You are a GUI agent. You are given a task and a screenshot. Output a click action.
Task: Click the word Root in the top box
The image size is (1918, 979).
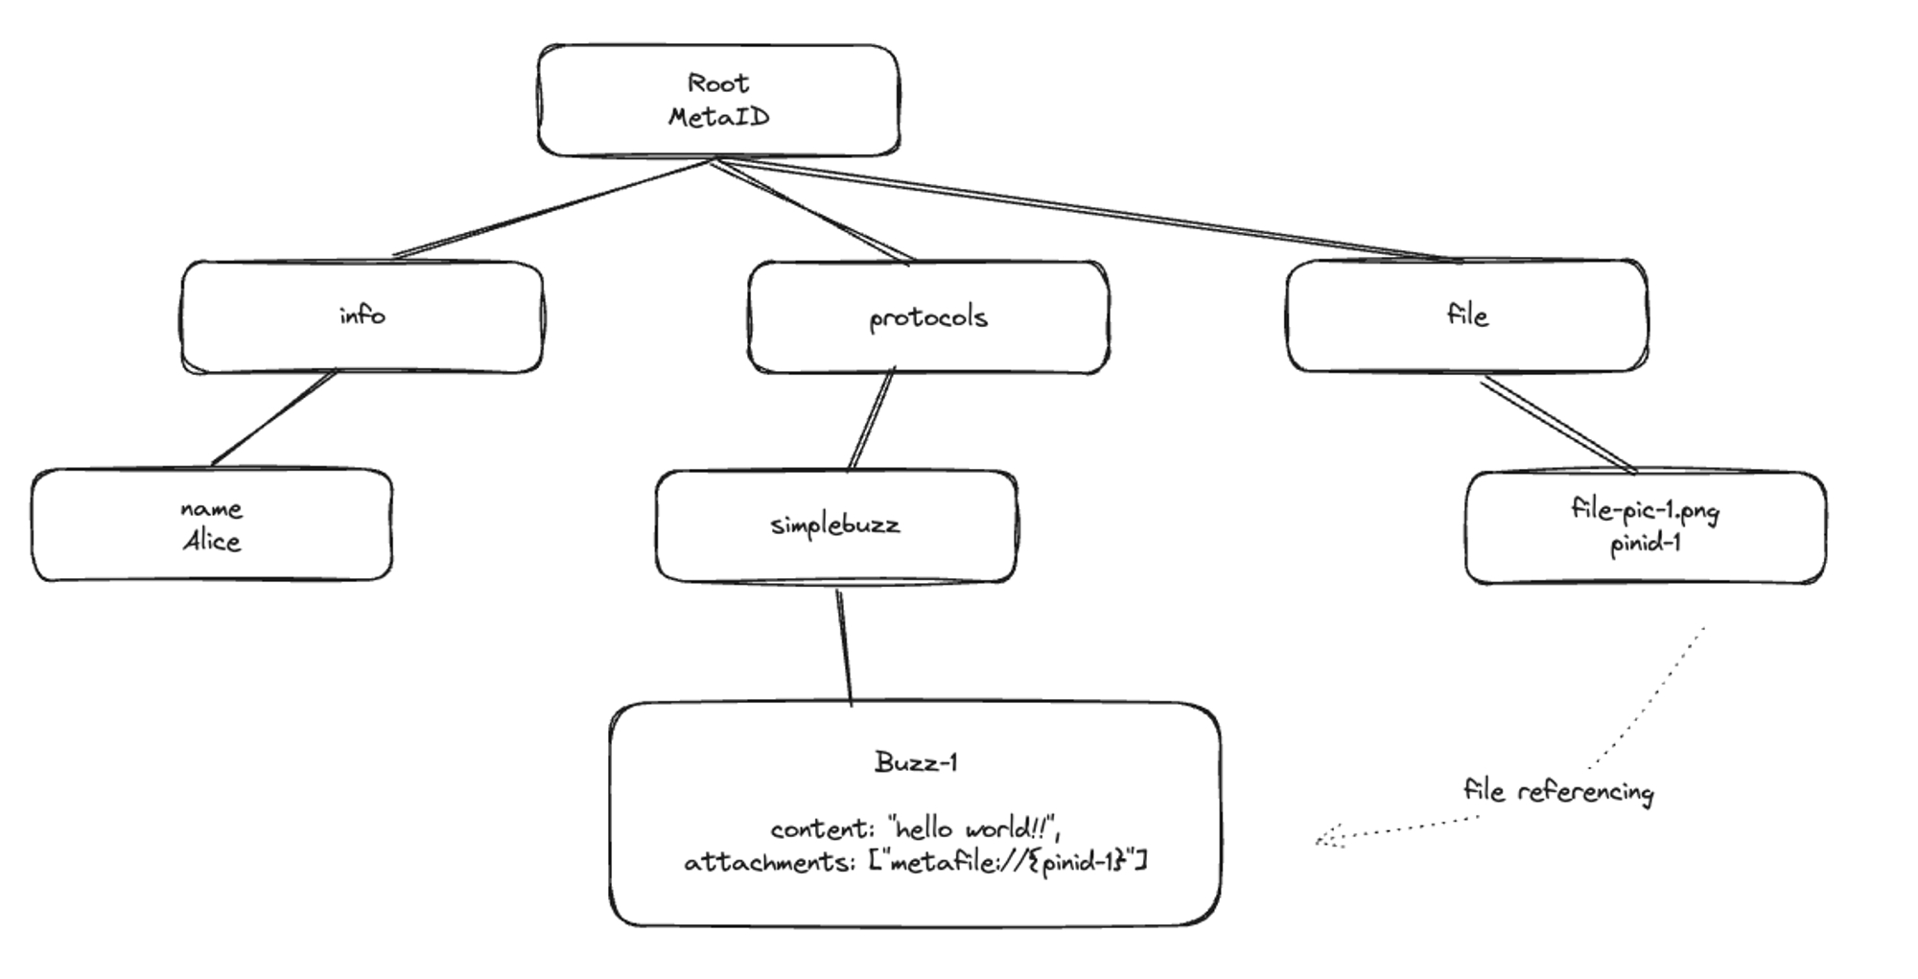coord(717,84)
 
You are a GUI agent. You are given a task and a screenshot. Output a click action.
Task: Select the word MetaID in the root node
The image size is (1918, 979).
coord(718,118)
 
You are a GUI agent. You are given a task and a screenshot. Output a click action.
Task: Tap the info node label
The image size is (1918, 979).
coord(362,315)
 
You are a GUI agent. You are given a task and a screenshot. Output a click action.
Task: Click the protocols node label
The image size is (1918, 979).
coord(927,317)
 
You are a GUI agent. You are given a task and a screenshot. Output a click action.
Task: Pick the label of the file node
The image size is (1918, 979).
coord(1467,315)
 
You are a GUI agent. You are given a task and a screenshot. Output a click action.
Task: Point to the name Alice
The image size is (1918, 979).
coord(212,542)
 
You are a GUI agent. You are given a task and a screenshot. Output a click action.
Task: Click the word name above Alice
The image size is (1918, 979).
coord(211,509)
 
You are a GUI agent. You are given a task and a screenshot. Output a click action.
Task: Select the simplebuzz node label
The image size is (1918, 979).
coord(835,525)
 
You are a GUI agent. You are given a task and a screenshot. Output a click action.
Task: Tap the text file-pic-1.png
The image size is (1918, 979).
coord(1645,509)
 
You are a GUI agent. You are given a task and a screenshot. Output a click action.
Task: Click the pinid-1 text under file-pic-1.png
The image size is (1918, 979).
coord(1645,544)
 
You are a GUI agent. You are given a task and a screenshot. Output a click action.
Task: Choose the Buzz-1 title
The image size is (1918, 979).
coord(916,763)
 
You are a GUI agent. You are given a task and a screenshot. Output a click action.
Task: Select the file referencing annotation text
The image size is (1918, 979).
coord(1558,792)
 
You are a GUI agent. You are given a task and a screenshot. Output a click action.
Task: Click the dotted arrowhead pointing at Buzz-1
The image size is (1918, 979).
coord(1323,841)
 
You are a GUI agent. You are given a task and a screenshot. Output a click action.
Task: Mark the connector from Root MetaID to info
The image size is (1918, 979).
coord(551,209)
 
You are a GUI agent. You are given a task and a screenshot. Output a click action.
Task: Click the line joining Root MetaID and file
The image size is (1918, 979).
coord(1084,211)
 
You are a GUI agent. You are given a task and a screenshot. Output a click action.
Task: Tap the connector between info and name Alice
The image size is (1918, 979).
coord(273,419)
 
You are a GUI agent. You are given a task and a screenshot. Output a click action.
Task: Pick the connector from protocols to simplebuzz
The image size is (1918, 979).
coord(872,419)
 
